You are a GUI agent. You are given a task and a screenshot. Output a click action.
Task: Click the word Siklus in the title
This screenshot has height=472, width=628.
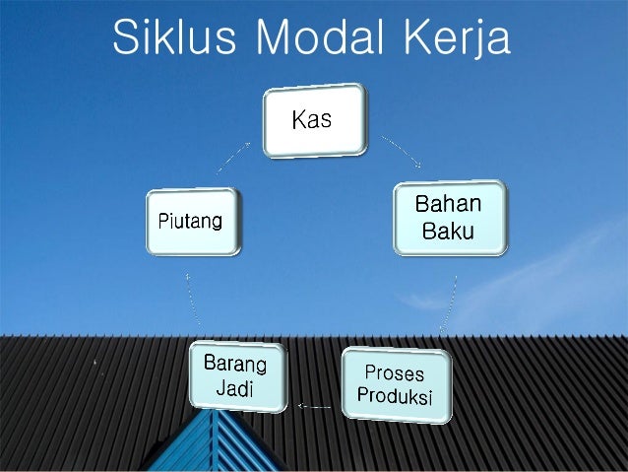(x=172, y=38)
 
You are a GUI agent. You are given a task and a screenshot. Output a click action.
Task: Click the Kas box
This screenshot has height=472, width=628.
(x=314, y=121)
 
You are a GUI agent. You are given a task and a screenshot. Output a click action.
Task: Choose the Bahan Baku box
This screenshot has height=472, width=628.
(x=450, y=219)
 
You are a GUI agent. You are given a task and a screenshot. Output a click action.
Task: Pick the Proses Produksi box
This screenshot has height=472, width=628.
(x=396, y=385)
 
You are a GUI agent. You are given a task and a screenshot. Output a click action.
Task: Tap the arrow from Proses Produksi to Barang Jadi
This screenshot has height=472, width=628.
(x=314, y=404)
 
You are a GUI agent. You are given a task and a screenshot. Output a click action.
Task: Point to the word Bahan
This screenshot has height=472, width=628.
(x=449, y=206)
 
